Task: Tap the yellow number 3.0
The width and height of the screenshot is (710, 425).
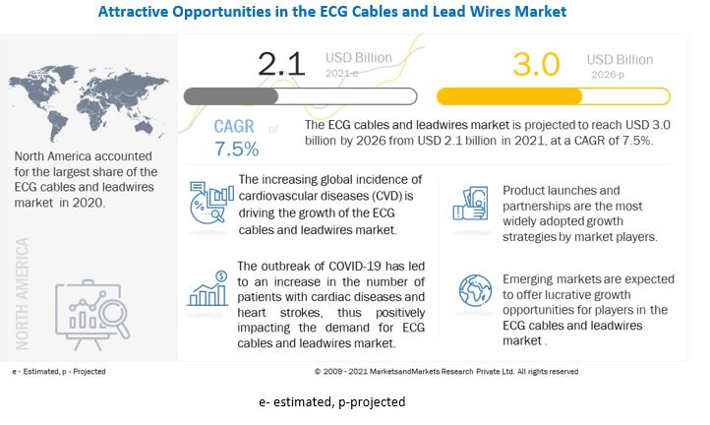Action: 536,65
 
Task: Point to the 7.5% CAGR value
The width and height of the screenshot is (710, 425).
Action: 236,150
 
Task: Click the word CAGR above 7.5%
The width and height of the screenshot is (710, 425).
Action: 236,128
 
